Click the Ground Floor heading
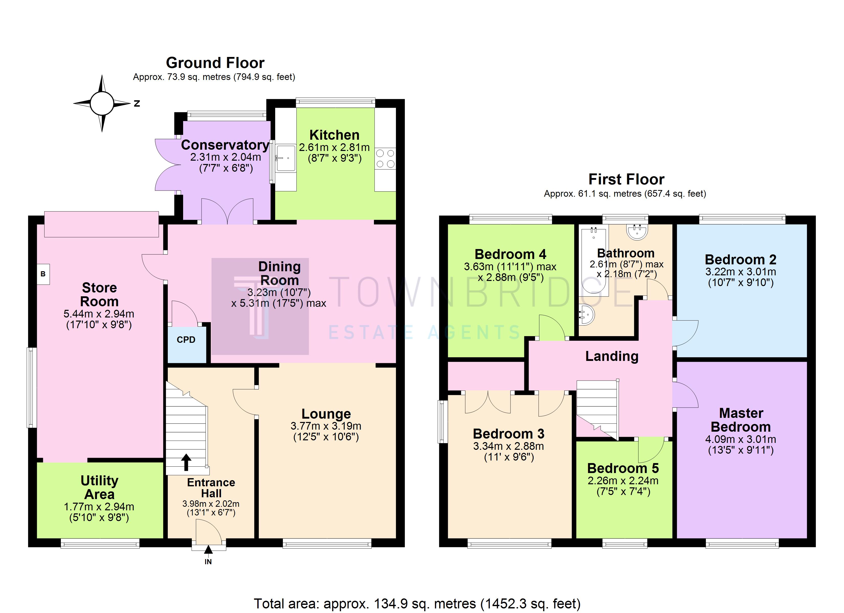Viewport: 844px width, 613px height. (215, 63)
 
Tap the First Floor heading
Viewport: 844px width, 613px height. (626, 180)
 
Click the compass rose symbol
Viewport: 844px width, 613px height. (102, 103)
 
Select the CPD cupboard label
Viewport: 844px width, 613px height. (186, 340)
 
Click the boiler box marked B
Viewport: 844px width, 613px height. (43, 274)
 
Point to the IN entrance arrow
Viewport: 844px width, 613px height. (208, 549)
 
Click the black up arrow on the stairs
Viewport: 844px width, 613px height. (186, 462)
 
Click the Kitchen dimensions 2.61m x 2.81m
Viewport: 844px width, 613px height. (335, 148)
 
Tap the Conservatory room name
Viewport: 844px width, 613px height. (225, 145)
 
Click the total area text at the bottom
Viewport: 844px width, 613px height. (417, 604)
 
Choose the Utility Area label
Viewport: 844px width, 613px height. (99, 487)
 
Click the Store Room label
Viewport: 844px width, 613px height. (99, 294)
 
